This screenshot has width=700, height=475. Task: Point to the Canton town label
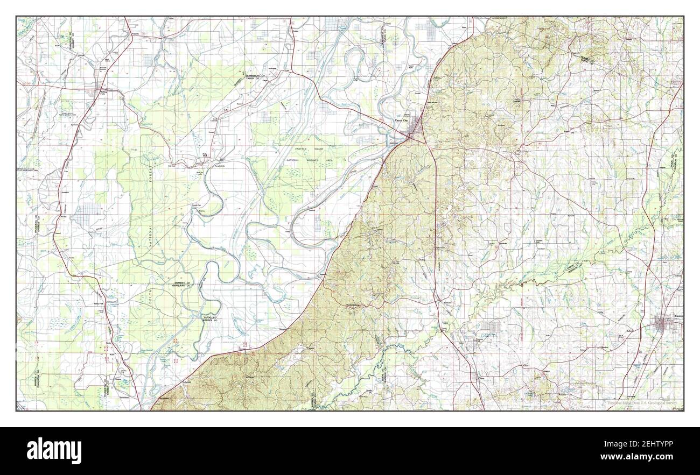(677, 316)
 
